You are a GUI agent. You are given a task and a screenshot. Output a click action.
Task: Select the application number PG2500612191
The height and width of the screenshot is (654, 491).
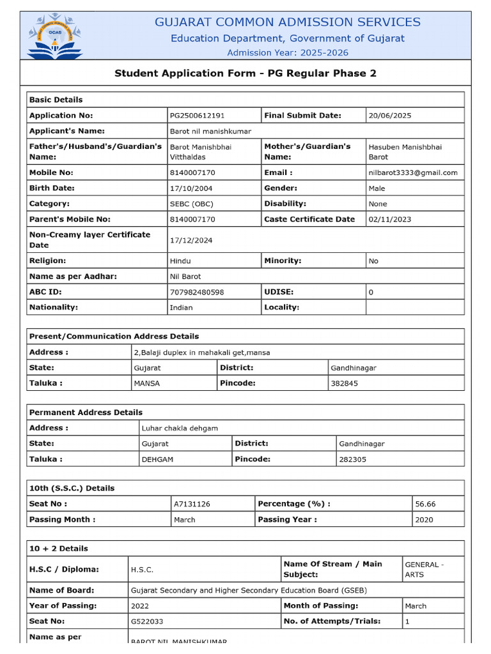(x=197, y=116)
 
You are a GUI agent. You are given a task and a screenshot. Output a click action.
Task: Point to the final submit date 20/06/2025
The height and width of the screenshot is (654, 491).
(x=390, y=116)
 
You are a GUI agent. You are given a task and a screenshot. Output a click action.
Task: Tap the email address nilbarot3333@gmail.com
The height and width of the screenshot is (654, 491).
(x=413, y=172)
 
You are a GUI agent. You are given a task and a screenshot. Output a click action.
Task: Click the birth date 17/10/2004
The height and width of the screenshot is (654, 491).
(x=191, y=188)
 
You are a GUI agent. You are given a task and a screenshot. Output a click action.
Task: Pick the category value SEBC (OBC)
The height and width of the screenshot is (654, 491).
(x=191, y=204)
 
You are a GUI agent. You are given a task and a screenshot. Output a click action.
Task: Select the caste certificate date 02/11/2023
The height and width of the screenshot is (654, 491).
(x=390, y=219)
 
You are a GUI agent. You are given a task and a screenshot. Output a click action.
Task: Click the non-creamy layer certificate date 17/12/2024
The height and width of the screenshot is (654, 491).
(x=191, y=240)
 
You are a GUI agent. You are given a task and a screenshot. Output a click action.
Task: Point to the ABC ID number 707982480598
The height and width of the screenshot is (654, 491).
(x=197, y=292)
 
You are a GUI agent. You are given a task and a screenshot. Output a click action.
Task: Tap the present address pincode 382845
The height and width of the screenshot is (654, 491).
(x=344, y=383)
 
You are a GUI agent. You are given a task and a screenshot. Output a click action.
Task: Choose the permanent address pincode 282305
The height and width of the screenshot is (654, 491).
(x=353, y=459)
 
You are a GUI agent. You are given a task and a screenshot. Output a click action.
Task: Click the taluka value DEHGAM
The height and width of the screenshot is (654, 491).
(x=157, y=459)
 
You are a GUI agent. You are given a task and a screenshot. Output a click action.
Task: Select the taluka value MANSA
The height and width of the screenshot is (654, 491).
(x=147, y=383)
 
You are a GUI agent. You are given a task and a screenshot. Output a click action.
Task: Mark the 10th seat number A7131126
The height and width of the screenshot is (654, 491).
(x=192, y=504)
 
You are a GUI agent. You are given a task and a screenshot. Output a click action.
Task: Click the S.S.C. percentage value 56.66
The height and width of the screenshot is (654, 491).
(x=425, y=504)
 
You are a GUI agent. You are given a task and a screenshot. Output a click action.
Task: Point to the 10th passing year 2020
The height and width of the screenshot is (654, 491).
(x=424, y=520)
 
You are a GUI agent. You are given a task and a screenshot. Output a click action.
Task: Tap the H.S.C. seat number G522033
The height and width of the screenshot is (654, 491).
(x=147, y=621)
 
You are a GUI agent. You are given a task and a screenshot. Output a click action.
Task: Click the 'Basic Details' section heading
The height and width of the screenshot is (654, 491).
(x=56, y=100)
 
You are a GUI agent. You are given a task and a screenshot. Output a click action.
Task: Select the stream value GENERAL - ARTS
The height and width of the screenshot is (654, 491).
(x=423, y=569)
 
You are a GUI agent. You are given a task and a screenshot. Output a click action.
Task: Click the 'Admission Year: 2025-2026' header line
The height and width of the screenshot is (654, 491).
(x=288, y=52)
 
